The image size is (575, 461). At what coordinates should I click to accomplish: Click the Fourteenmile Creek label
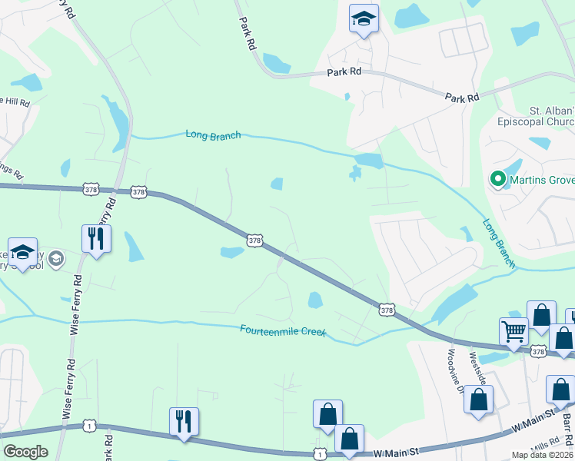(283, 330)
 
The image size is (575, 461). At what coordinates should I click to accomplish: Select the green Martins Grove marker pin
(497, 180)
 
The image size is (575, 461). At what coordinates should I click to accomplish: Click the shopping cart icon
(514, 331)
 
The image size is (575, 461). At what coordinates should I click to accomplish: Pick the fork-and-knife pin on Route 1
(184, 421)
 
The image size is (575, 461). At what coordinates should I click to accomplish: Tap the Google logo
(25, 451)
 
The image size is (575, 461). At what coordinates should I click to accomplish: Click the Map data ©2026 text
(542, 455)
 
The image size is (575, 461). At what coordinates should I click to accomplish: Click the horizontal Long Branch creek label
(213, 134)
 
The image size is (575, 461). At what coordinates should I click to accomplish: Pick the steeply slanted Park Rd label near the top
(247, 34)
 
